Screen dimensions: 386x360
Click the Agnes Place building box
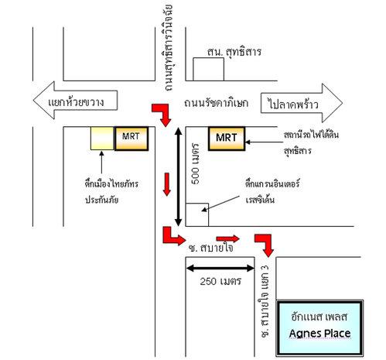click(319, 328)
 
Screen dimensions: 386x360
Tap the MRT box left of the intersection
click(132, 139)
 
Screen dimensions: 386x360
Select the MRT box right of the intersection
click(227, 139)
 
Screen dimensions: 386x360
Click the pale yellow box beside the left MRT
click(102, 139)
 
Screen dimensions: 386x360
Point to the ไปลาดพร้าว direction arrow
click(302, 103)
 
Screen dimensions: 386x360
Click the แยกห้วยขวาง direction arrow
click(75, 101)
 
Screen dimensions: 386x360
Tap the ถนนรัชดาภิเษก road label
click(216, 103)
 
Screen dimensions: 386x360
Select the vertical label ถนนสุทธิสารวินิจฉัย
click(168, 48)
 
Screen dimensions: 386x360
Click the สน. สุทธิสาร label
click(234, 52)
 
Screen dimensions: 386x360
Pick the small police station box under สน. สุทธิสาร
click(208, 69)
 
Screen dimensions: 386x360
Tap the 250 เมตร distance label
click(220, 281)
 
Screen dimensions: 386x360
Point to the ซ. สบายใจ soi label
click(211, 248)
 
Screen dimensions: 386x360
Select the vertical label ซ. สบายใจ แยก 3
click(265, 301)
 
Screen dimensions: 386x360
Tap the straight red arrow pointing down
click(167, 184)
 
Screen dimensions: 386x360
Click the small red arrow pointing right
click(228, 238)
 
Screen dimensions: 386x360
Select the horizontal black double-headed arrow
click(220, 269)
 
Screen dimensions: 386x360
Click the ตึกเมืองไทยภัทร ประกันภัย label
click(111, 192)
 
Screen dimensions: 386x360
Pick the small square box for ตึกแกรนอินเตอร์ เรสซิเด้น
click(197, 214)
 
